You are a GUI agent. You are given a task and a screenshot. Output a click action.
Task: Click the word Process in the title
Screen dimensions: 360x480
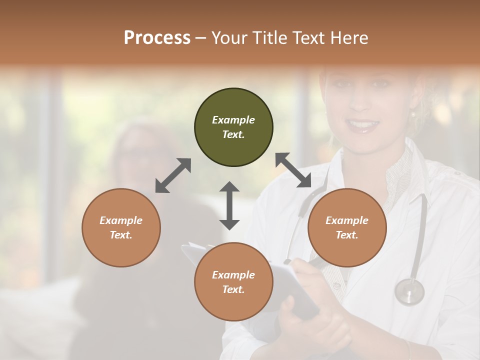tap(157, 37)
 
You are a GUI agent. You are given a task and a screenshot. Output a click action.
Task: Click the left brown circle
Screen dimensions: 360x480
tap(121, 227)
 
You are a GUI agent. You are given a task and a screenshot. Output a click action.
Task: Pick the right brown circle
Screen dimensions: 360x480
tap(347, 227)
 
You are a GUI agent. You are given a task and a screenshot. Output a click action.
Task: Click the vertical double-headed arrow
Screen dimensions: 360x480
tap(229, 205)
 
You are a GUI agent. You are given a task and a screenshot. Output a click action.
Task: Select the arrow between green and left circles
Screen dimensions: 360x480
tap(173, 175)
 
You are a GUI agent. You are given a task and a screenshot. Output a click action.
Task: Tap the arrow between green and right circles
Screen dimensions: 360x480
tap(293, 170)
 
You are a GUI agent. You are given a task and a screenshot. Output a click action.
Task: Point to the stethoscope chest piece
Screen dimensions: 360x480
tap(409, 291)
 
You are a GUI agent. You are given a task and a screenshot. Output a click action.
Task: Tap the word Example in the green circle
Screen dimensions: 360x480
tap(233, 120)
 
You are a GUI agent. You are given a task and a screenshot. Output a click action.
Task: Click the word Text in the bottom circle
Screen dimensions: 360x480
tap(233, 289)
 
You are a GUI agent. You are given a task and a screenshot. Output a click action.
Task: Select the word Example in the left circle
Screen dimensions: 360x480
tap(121, 220)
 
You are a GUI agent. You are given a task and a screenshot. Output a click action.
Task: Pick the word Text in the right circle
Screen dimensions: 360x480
tap(347, 235)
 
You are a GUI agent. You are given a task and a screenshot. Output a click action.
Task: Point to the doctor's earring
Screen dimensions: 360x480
tap(413, 114)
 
